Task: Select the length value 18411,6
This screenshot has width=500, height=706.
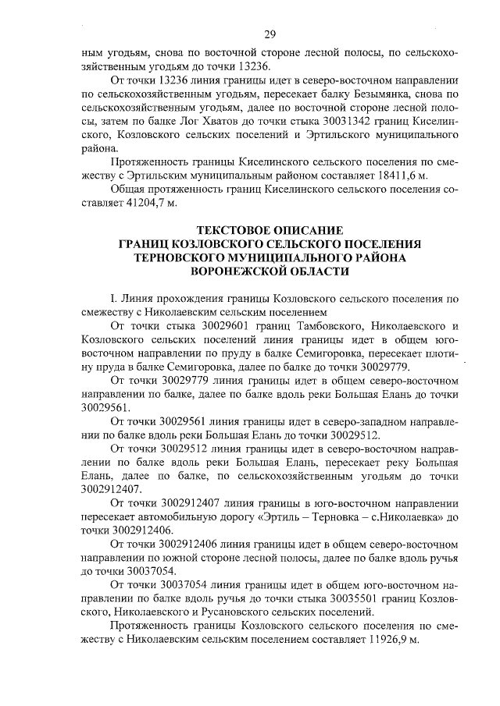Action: tap(392, 176)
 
